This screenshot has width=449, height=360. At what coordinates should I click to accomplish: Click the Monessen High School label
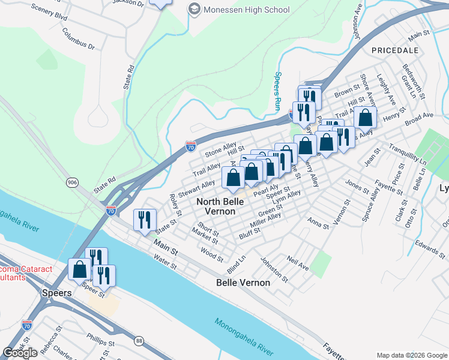click(x=246, y=10)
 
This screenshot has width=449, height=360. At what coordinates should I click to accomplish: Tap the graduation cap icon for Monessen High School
click(x=194, y=9)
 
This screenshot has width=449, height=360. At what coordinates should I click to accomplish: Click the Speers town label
click(x=56, y=293)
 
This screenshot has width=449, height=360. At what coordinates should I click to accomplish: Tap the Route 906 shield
click(x=73, y=182)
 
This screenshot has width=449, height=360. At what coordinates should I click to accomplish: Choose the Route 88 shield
click(x=139, y=341)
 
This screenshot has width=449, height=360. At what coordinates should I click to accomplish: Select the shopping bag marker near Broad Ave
click(x=365, y=118)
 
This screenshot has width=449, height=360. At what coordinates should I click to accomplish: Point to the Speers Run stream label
click(x=278, y=85)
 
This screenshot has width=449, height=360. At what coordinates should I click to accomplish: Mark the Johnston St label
click(x=275, y=269)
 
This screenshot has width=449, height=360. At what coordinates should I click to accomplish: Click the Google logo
click(x=20, y=353)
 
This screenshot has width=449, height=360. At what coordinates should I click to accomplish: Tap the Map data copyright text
click(x=411, y=355)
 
